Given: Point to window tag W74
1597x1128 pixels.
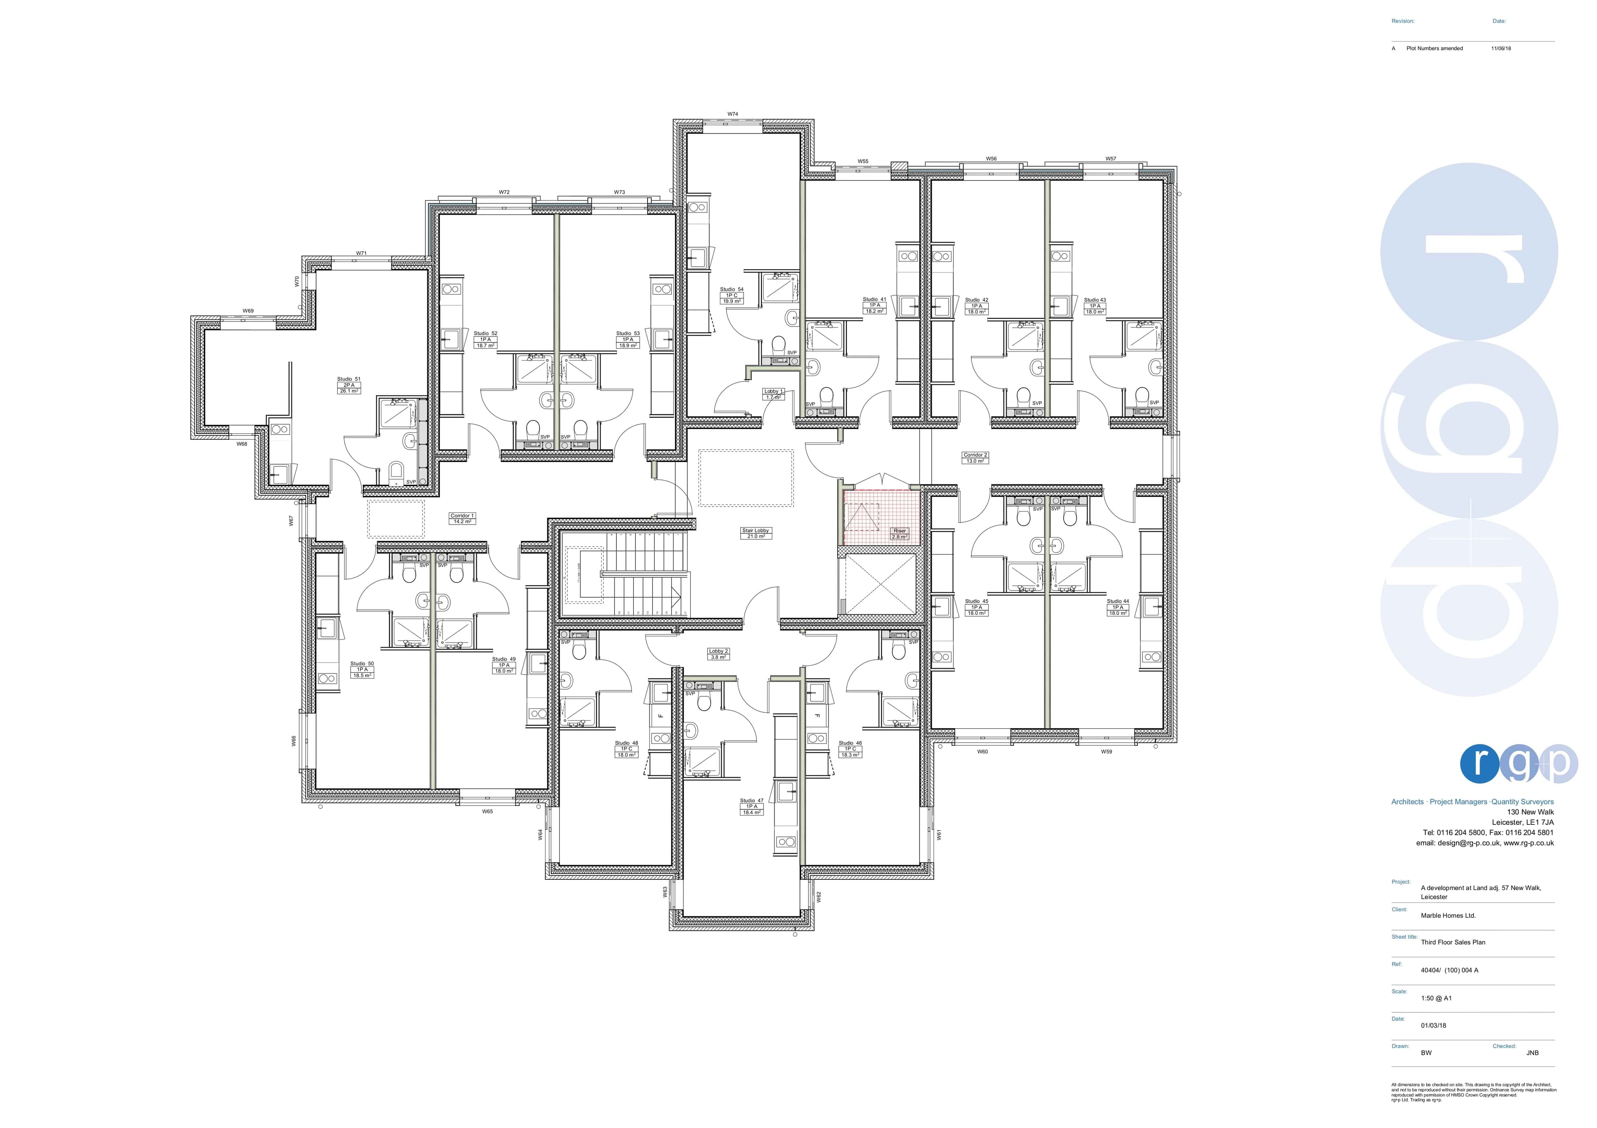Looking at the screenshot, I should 732,114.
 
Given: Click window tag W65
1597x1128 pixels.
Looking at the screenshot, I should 487,811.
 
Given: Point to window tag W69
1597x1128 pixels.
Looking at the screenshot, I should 248,311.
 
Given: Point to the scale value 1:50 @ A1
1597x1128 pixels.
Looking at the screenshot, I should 1436,998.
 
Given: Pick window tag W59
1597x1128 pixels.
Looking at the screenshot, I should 1106,752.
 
